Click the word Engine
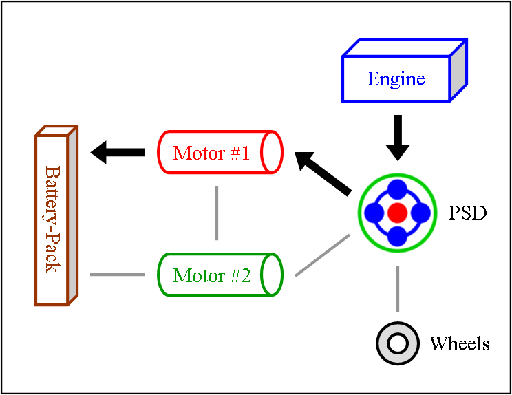[x=396, y=78]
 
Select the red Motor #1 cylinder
[x=220, y=151]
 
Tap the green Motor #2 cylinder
[x=220, y=275]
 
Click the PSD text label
[x=468, y=213]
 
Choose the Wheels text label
[x=460, y=343]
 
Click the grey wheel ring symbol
[x=398, y=343]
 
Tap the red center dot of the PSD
[x=397, y=213]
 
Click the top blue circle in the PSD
[x=397, y=190]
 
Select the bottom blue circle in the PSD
[x=397, y=236]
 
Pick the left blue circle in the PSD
[x=374, y=213]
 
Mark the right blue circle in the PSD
[x=420, y=213]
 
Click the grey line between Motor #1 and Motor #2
[x=217, y=213]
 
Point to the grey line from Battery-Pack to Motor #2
[x=117, y=275]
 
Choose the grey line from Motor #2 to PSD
[x=322, y=255]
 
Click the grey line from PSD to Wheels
[x=397, y=289]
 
